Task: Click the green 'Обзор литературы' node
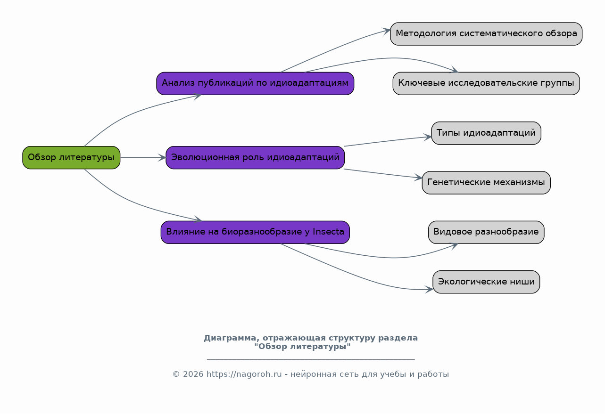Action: [x=71, y=157]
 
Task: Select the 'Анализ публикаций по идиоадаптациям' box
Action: [x=255, y=83]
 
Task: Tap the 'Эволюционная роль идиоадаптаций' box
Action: [x=255, y=157]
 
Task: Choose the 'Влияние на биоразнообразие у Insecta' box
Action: [x=255, y=232]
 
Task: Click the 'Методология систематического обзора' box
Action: [x=486, y=34]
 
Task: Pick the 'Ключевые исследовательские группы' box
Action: [x=486, y=83]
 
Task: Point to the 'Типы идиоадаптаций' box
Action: [x=486, y=133]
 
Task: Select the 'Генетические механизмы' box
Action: [x=486, y=183]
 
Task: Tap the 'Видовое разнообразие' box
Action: [x=486, y=232]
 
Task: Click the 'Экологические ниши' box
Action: [x=486, y=282]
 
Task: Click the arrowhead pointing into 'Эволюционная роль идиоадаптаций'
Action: [x=162, y=157]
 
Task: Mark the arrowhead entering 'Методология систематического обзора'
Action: [x=387, y=31]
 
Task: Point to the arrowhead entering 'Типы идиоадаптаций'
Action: [x=428, y=137]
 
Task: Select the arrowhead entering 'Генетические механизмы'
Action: [x=418, y=178]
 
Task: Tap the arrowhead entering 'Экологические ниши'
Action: [x=430, y=289]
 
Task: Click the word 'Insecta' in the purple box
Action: [x=328, y=232]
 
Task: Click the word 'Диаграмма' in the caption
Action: [x=230, y=338]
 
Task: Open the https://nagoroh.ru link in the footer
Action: [x=244, y=374]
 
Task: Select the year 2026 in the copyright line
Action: [x=193, y=374]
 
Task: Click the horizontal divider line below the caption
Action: [x=311, y=359]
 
